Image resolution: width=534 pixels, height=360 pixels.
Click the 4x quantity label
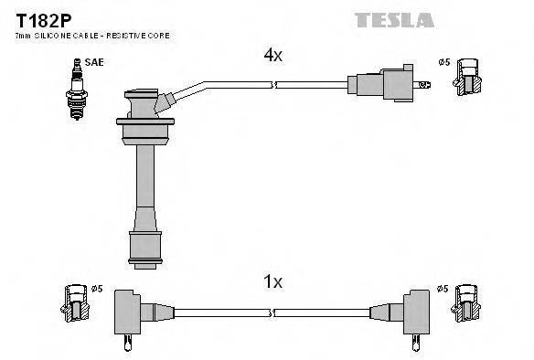coord(272,56)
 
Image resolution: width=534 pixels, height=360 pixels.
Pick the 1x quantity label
coord(272,282)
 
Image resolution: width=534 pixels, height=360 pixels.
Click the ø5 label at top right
coord(443,62)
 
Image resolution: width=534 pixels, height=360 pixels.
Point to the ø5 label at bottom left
coord(97,290)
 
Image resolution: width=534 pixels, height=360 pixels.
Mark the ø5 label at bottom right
coord(443,290)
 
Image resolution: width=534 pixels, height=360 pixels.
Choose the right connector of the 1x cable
coord(411,312)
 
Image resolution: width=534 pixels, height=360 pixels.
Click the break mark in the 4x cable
coord(275,86)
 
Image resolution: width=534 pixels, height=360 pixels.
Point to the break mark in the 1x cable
coord(273,312)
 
